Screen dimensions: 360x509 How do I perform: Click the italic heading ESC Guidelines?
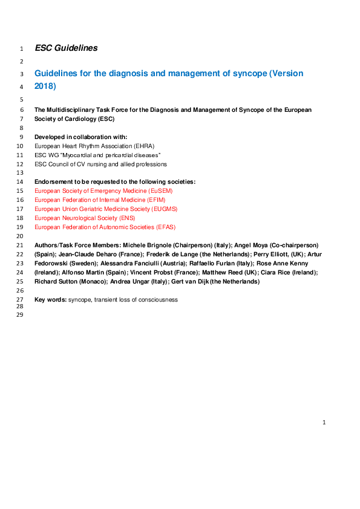(66, 48)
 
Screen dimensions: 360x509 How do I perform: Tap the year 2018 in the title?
(44, 86)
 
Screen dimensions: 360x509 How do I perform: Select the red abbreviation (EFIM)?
(152, 199)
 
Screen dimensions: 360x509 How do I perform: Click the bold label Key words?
(50, 299)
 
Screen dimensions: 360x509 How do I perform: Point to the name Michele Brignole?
(149, 245)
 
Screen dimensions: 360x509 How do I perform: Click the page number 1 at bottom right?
(324, 422)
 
